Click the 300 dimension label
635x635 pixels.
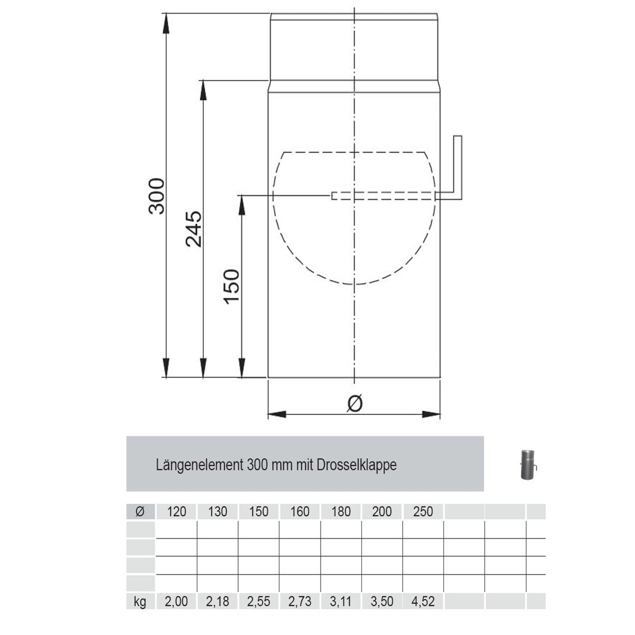click(157, 196)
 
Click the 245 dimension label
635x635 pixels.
click(194, 229)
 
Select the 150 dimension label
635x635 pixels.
click(232, 286)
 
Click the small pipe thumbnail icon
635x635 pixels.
click(528, 465)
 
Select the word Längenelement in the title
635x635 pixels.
click(200, 465)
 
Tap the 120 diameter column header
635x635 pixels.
click(177, 512)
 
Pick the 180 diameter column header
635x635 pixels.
click(341, 512)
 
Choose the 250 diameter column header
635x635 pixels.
click(423, 512)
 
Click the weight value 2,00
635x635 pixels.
click(177, 602)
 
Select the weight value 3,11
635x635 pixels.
click(341, 602)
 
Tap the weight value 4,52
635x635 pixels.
click(423, 602)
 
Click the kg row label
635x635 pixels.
click(140, 602)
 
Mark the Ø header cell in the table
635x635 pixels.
click(140, 512)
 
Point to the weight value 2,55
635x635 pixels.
click(259, 602)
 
